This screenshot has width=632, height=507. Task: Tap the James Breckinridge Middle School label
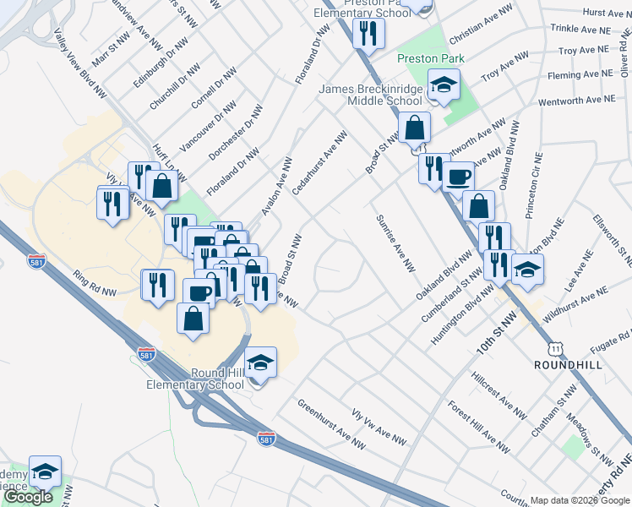(370, 95)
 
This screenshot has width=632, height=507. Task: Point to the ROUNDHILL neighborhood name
(568, 364)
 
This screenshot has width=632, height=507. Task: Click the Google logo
(28, 497)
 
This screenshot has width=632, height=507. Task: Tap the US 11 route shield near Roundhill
(554, 348)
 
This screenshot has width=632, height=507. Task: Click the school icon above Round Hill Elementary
(261, 363)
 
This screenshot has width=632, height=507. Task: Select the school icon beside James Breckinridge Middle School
(443, 85)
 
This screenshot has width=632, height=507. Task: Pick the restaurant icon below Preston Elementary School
(368, 33)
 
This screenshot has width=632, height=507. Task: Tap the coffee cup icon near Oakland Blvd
(459, 177)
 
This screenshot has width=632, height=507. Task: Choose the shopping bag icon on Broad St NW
(414, 128)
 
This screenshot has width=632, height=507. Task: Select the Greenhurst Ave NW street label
(331, 422)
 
